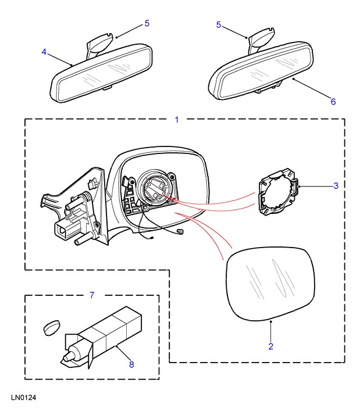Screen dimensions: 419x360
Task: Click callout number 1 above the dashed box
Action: (177, 120)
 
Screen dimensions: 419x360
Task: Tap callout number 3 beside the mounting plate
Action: (336, 186)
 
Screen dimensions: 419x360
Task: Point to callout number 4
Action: (44, 52)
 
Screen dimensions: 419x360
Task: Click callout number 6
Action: (333, 101)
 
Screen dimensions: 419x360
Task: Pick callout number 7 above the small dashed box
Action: (91, 295)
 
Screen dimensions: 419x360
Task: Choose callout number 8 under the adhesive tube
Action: (131, 365)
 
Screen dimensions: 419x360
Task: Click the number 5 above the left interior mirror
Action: (147, 24)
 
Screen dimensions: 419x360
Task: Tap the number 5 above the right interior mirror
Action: (219, 25)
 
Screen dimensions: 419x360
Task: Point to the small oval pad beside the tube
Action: (52, 327)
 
